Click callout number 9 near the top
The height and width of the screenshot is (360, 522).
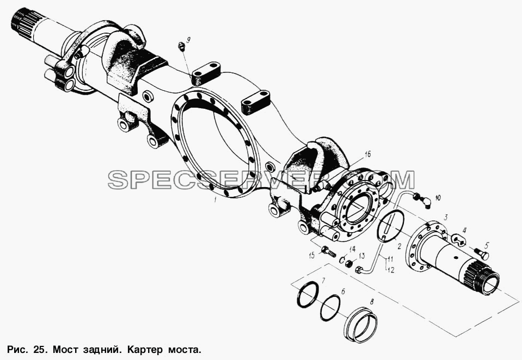pyautogui.click(x=188, y=40)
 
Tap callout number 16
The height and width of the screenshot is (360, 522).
pyautogui.click(x=367, y=154)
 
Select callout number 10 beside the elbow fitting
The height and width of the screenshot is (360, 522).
pyautogui.click(x=438, y=198)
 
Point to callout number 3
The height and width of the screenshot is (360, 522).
pyautogui.click(x=446, y=218)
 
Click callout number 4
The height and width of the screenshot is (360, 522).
pyautogui.click(x=465, y=229)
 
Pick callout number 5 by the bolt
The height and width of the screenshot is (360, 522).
pyautogui.click(x=487, y=246)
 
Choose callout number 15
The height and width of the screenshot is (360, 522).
pyautogui.click(x=312, y=256)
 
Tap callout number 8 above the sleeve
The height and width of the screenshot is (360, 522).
pyautogui.click(x=372, y=302)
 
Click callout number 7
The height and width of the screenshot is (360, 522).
pyautogui.click(x=323, y=280)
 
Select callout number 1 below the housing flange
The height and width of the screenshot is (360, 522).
pyautogui.click(x=216, y=200)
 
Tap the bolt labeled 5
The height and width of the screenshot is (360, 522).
pyautogui.click(x=481, y=253)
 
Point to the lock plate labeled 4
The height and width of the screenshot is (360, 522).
pyautogui.click(x=459, y=239)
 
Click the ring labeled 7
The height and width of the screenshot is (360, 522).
pyautogui.click(x=307, y=294)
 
